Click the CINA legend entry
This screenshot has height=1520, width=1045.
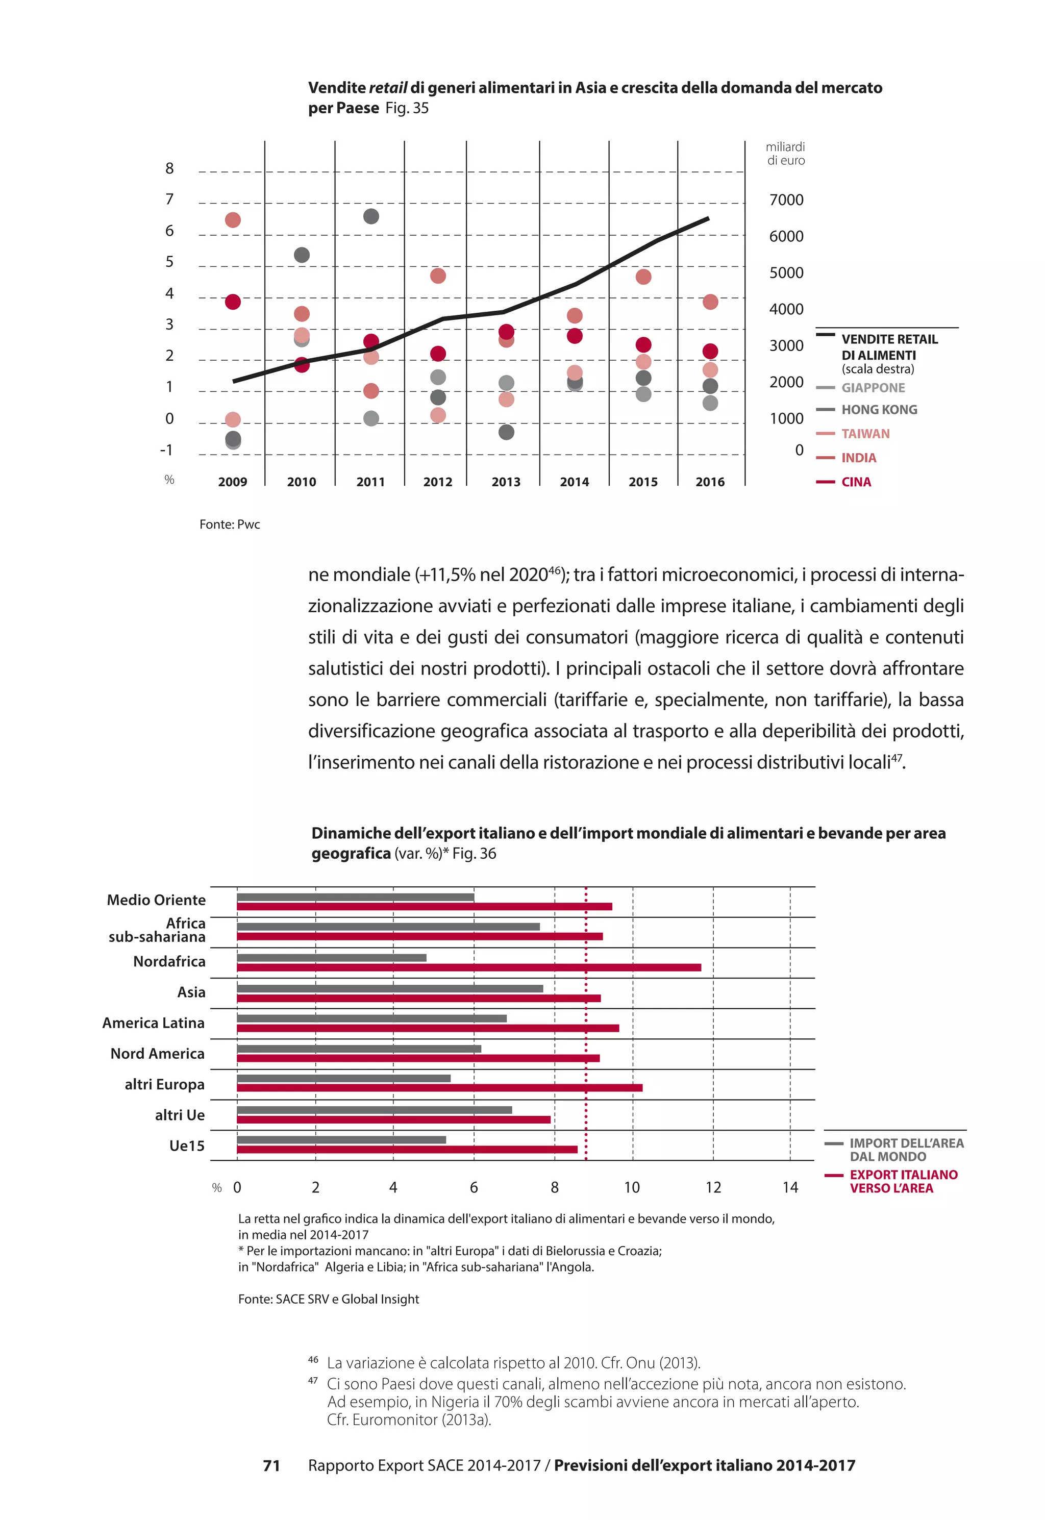[x=855, y=482]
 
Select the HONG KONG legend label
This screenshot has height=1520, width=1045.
[x=879, y=410]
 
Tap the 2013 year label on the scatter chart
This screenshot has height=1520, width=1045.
[x=506, y=482]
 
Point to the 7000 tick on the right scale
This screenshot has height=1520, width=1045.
[x=786, y=200]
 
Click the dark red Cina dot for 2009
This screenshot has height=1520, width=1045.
[x=233, y=302]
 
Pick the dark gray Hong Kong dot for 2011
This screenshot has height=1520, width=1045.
[x=370, y=216]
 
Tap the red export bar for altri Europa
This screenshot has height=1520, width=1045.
[x=439, y=1088]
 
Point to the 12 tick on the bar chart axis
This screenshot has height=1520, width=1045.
[x=712, y=1187]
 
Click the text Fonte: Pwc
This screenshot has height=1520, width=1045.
[x=229, y=525]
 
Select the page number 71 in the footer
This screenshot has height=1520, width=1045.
[x=271, y=1466]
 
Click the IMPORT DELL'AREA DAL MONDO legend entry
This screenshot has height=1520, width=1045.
[x=906, y=1150]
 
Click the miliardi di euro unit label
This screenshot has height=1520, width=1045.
[x=785, y=154]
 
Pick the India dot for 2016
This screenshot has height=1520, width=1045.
[x=710, y=302]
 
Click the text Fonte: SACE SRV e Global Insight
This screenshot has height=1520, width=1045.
[x=328, y=1299]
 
